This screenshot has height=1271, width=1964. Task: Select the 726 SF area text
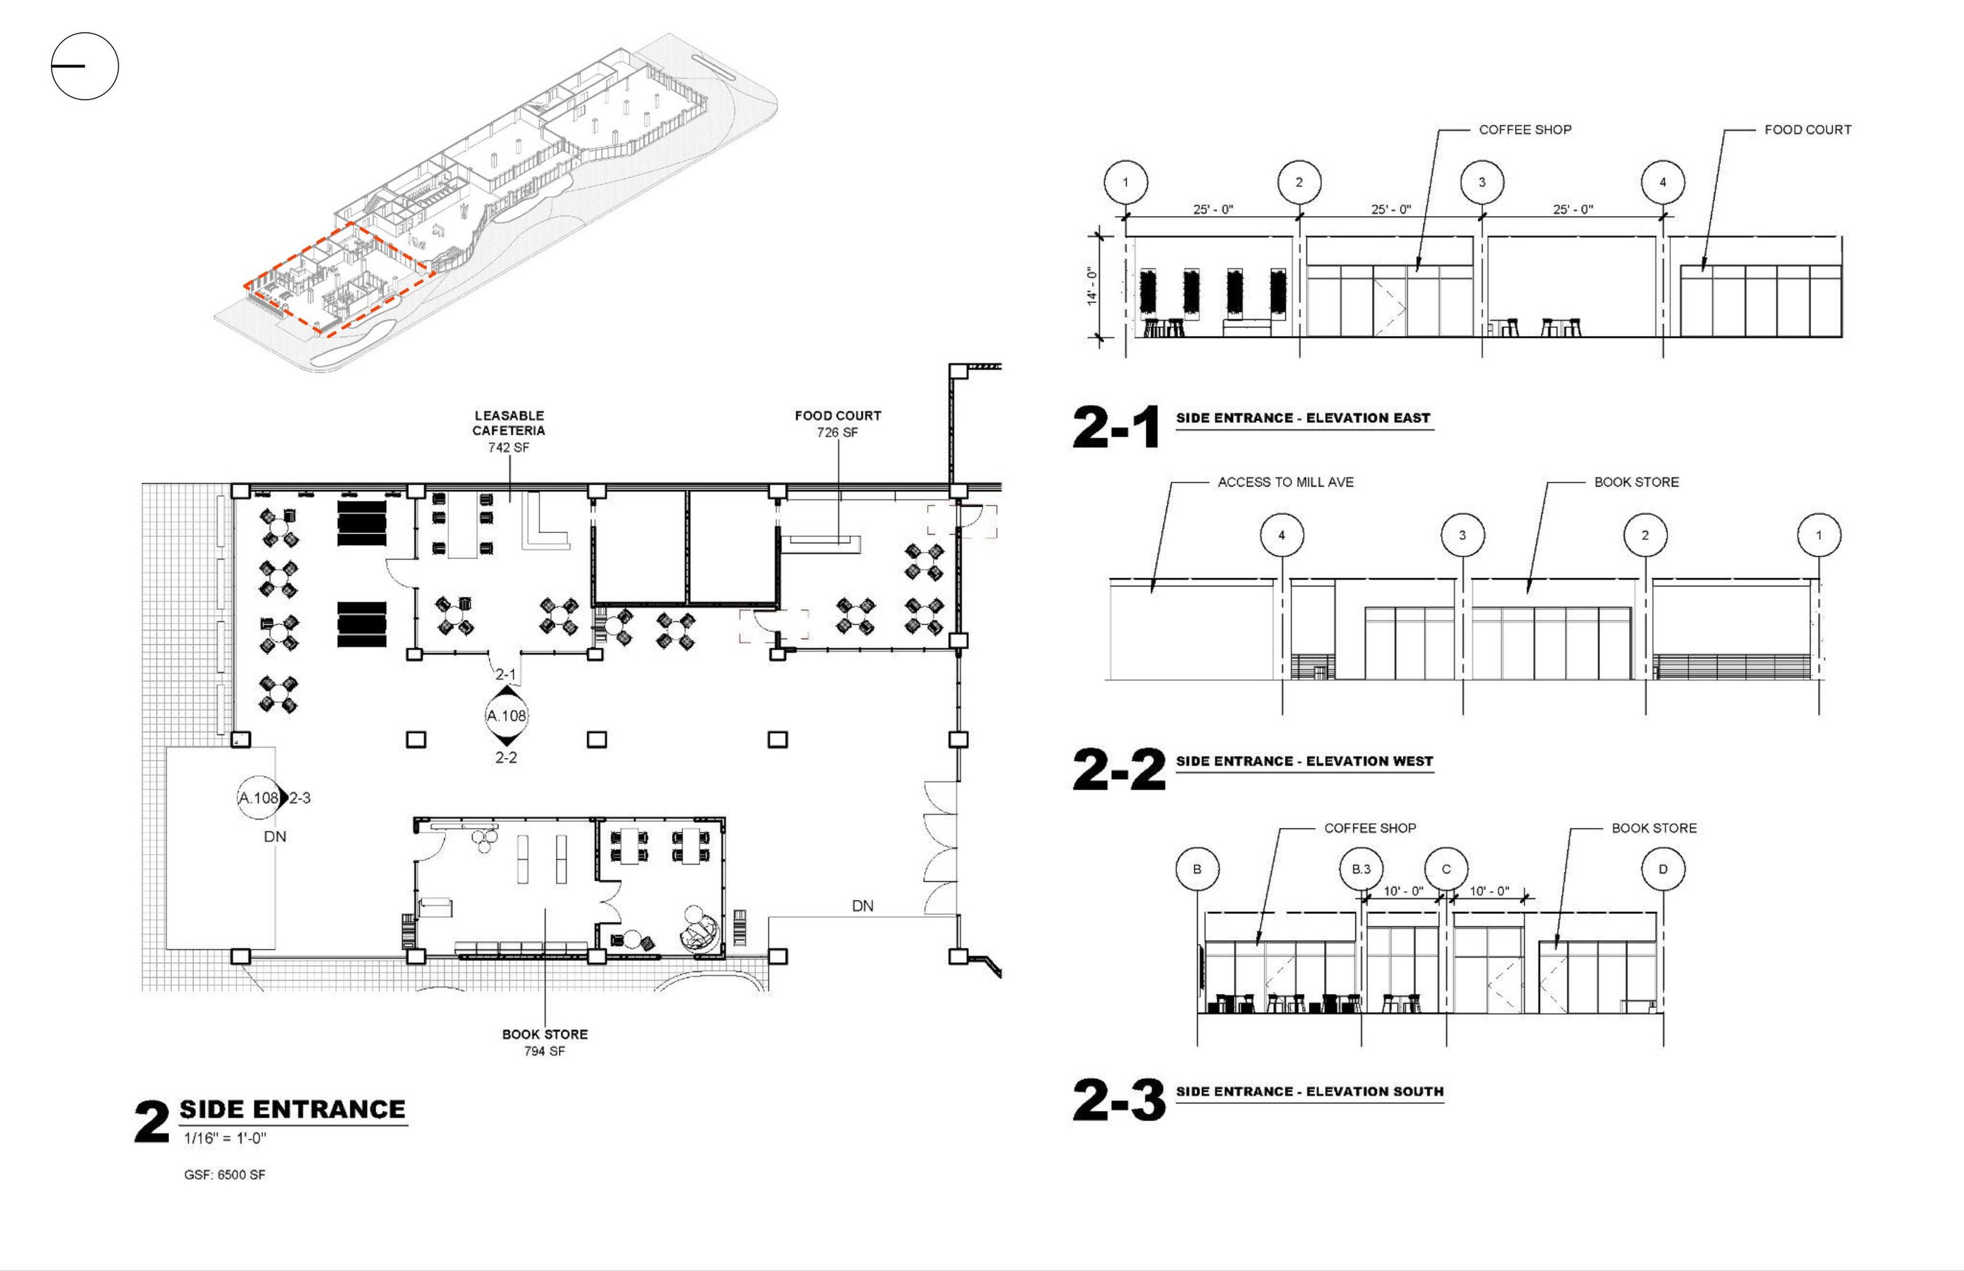[838, 433]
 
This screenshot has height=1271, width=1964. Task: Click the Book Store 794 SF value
[544, 1051]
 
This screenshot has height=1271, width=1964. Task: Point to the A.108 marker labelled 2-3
[259, 798]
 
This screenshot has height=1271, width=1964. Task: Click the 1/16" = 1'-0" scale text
[224, 1139]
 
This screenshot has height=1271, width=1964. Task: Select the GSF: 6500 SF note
[224, 1174]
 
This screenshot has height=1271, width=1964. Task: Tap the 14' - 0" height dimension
[1091, 286]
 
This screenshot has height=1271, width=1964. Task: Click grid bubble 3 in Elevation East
[1481, 182]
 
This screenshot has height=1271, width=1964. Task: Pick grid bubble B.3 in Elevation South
[1361, 869]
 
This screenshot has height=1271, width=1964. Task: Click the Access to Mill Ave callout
[1286, 482]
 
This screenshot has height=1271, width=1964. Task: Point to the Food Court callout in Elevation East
[1807, 130]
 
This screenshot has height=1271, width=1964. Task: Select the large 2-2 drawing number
[1118, 769]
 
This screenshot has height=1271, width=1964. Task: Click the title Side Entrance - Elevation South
[1310, 1091]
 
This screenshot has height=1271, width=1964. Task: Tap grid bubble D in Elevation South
[1663, 869]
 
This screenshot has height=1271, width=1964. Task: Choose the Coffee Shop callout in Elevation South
[1370, 828]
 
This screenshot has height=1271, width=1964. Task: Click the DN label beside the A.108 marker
[275, 837]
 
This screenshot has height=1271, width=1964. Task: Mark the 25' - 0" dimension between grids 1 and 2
[1213, 210]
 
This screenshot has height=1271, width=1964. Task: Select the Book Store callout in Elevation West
[1636, 482]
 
